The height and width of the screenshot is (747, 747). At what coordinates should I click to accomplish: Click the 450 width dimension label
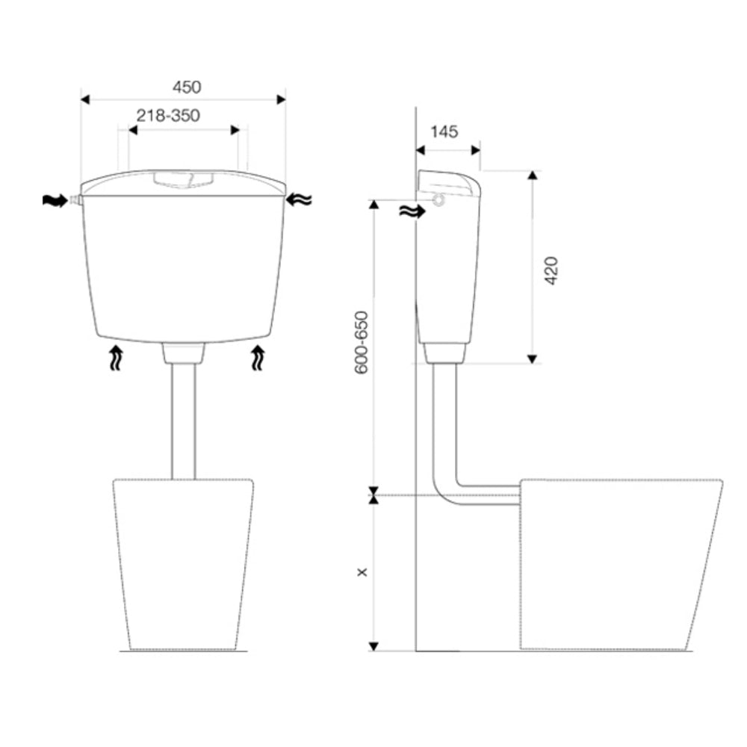coord(187,87)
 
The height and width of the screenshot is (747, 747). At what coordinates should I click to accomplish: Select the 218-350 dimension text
coord(168,116)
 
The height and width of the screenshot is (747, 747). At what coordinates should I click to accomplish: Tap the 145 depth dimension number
coord(444,131)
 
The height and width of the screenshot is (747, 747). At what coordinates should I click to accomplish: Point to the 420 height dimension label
coord(551,270)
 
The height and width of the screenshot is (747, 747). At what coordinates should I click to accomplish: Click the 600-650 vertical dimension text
coord(362,343)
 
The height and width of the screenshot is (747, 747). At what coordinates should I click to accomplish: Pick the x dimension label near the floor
coord(362,571)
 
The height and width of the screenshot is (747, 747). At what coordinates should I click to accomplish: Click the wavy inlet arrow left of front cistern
coord(55,200)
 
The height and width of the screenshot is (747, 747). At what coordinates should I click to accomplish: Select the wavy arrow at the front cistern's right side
coord(300,199)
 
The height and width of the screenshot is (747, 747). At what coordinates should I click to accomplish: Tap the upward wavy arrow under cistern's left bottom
coord(117,359)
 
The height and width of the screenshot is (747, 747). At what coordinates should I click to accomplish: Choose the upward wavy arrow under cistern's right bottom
coord(258,359)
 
